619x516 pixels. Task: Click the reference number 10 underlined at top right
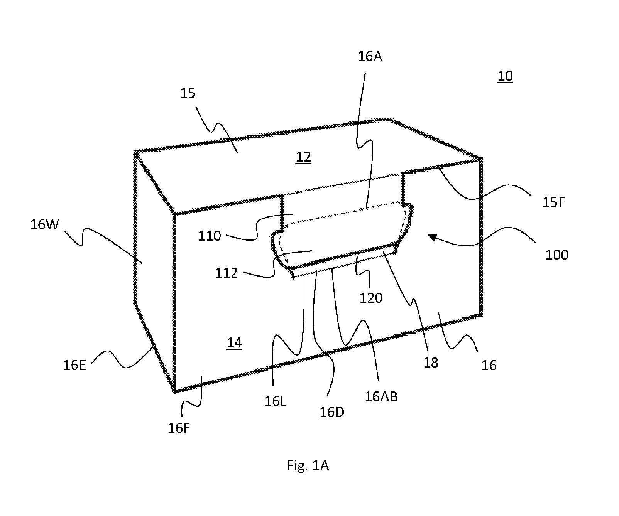tap(505, 76)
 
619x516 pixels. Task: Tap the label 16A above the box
tap(370, 57)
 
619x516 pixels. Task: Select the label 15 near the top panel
tap(188, 93)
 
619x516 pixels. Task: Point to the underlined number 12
tap(303, 157)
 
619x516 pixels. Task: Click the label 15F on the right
tap(554, 202)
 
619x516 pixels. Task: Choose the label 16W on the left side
tap(44, 224)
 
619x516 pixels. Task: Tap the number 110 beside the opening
tap(210, 236)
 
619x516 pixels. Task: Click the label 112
tap(227, 273)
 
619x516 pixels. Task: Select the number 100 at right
tap(556, 255)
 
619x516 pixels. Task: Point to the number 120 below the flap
tap(371, 298)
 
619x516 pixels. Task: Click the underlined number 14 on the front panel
tap(234, 343)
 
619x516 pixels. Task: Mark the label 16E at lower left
tap(74, 365)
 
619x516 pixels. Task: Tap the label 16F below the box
tap(179, 428)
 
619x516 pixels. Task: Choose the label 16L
tap(275, 402)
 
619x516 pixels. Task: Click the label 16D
tap(332, 413)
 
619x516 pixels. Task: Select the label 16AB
tap(381, 397)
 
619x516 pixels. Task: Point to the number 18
tap(431, 363)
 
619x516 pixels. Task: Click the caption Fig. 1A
tap(308, 465)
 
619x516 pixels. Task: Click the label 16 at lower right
tap(489, 365)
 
